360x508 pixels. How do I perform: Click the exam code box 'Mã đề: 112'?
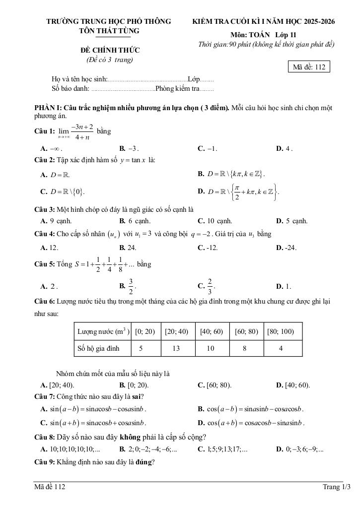[308, 67]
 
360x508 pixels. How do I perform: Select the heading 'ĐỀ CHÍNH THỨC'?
[110, 50]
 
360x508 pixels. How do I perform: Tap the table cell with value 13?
[176, 348]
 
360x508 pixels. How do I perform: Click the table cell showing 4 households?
[281, 348]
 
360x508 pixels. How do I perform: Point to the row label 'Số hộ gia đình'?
[98, 348]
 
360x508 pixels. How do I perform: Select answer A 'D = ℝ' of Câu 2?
[56, 175]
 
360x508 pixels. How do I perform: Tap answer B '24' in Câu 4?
[128, 248]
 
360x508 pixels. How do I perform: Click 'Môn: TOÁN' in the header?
[250, 35]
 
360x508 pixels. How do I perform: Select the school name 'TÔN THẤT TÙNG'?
[109, 31]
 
